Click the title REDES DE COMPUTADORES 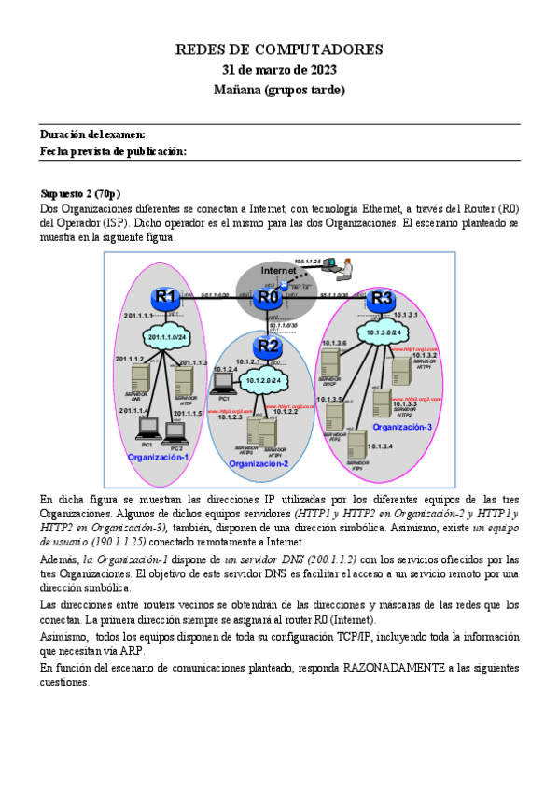pos(279,49)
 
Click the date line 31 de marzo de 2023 pos(279,70)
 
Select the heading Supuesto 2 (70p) pos(81,193)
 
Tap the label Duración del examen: pos(92,135)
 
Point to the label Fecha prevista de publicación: pos(113,151)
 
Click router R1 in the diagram pos(166,297)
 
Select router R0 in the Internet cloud pos(269,297)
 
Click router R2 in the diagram pos(269,346)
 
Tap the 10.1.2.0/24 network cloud pos(264,380)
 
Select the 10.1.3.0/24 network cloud pos(384,332)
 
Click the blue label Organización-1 pos(159,457)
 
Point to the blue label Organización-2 pos(260,463)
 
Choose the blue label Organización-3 pos(402,427)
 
